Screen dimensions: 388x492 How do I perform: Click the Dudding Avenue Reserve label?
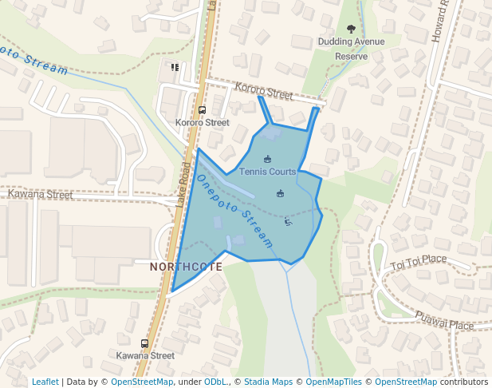tap(351, 49)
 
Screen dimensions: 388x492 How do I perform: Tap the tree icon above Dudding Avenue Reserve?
tap(352, 30)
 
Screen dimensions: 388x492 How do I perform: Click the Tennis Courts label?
tap(268, 172)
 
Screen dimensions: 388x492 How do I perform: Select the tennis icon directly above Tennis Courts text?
tap(267, 158)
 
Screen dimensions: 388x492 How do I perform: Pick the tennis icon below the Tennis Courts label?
tap(280, 193)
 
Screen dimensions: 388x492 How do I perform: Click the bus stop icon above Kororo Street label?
tap(202, 110)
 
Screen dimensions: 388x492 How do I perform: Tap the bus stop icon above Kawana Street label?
tap(144, 343)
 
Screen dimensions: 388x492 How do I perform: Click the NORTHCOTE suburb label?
tap(187, 267)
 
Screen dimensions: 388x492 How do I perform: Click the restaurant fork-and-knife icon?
tap(175, 66)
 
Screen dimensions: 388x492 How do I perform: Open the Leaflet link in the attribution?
tap(45, 382)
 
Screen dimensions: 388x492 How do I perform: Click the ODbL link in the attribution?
tap(215, 382)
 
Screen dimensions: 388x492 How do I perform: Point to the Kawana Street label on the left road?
tap(40, 194)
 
